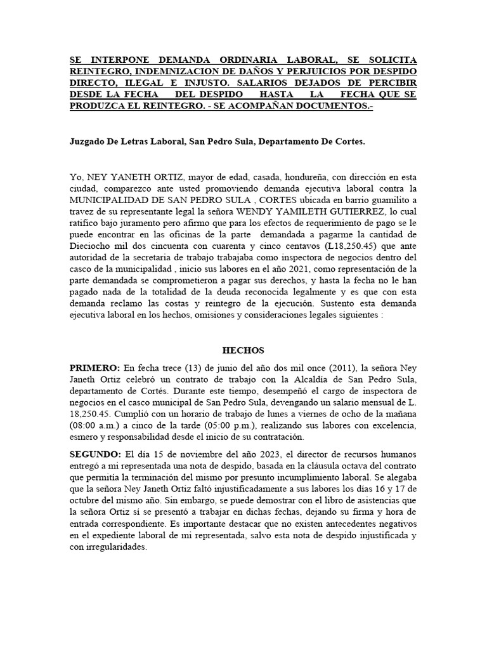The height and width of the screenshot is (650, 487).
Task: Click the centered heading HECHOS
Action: pyautogui.click(x=243, y=350)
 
